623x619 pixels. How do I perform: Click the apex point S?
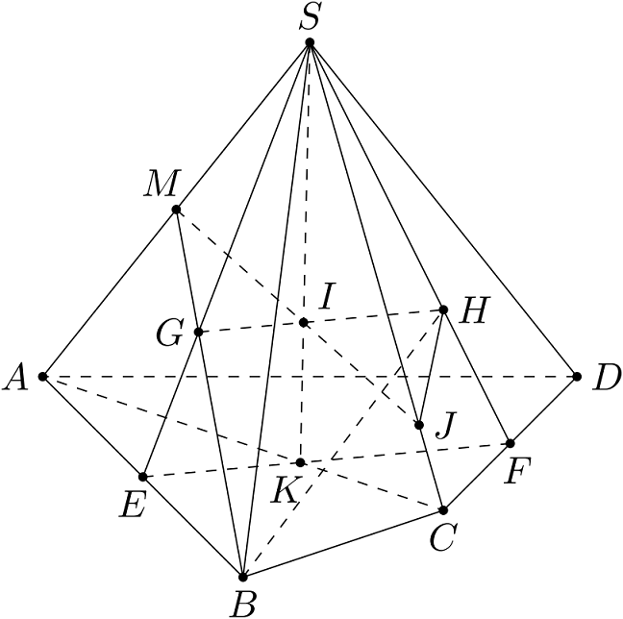point(310,43)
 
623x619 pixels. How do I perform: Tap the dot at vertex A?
point(43,376)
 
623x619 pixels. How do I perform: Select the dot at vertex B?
point(243,577)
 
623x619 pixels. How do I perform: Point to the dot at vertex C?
point(443,509)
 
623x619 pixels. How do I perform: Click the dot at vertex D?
point(577,376)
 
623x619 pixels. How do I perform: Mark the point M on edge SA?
point(176,210)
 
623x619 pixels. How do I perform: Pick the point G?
point(198,332)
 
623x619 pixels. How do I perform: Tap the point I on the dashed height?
point(304,322)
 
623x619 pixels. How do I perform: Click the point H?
point(443,309)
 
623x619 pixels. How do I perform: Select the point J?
point(420,425)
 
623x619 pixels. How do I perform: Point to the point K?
point(301,462)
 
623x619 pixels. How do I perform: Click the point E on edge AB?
point(143,477)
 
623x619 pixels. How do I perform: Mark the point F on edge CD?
point(511,443)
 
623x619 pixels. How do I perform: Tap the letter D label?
point(606,380)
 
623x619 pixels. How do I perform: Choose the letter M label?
point(157,186)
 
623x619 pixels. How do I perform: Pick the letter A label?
point(15,380)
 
